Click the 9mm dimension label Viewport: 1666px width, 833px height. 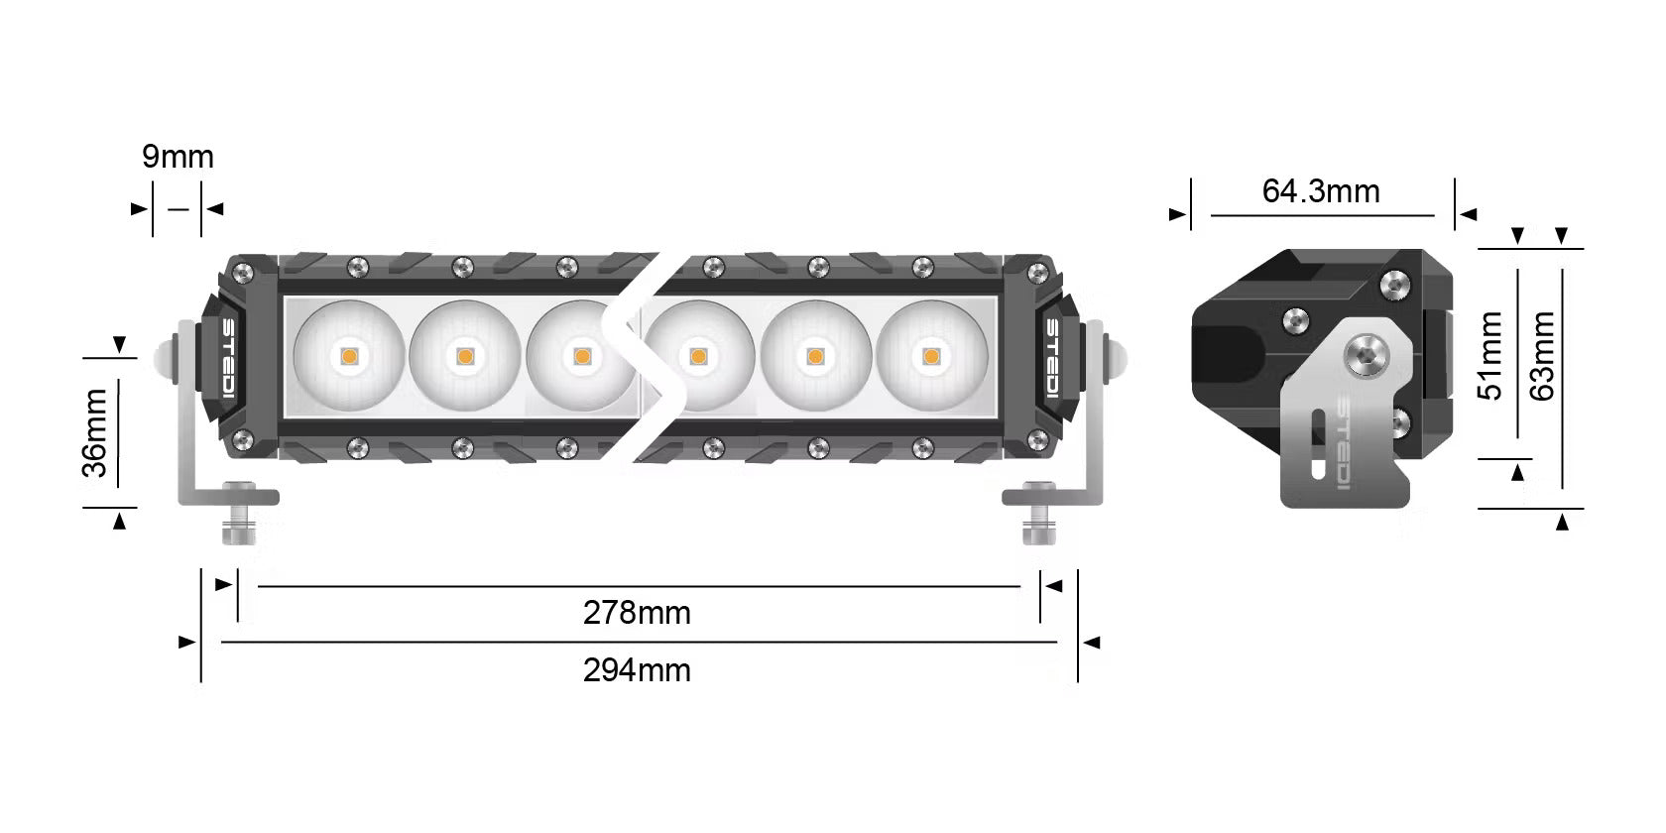point(178,157)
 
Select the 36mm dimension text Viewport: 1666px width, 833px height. point(95,433)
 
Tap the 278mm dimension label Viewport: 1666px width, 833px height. point(637,613)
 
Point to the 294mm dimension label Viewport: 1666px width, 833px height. point(637,670)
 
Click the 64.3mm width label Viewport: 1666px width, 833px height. point(1321,190)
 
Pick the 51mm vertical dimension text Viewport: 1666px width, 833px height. point(1492,355)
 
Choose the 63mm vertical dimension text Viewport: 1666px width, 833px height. point(1543,355)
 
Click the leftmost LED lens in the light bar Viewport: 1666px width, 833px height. point(349,354)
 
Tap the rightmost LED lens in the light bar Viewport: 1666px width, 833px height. point(930,354)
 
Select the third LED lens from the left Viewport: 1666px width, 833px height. point(581,354)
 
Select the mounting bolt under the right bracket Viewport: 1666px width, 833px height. point(1038,516)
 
